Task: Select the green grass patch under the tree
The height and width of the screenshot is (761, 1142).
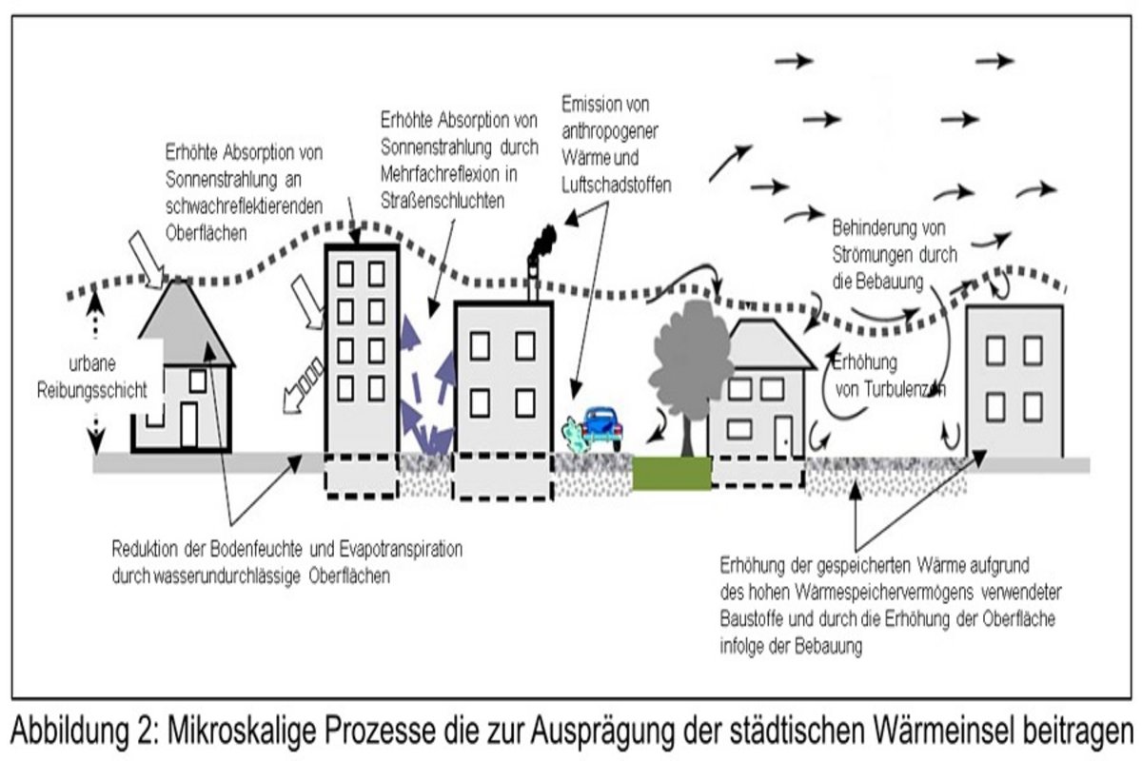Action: [672, 473]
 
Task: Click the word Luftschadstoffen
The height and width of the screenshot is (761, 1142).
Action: [617, 187]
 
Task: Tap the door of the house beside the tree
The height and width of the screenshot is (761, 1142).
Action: [782, 436]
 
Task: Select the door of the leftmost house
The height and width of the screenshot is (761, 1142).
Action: [187, 424]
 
